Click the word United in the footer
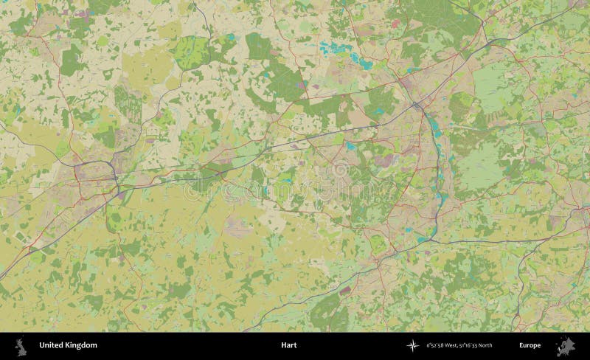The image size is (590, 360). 50,345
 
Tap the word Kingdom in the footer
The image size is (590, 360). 80,345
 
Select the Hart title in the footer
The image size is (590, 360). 288,345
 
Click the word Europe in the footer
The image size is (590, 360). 530,345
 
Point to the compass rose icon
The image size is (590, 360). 412,345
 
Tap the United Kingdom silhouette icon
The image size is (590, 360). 21,345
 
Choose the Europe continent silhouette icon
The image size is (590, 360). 567,345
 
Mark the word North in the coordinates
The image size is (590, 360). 486,345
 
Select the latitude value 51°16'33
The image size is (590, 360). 469,345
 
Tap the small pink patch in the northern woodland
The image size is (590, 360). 395,24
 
